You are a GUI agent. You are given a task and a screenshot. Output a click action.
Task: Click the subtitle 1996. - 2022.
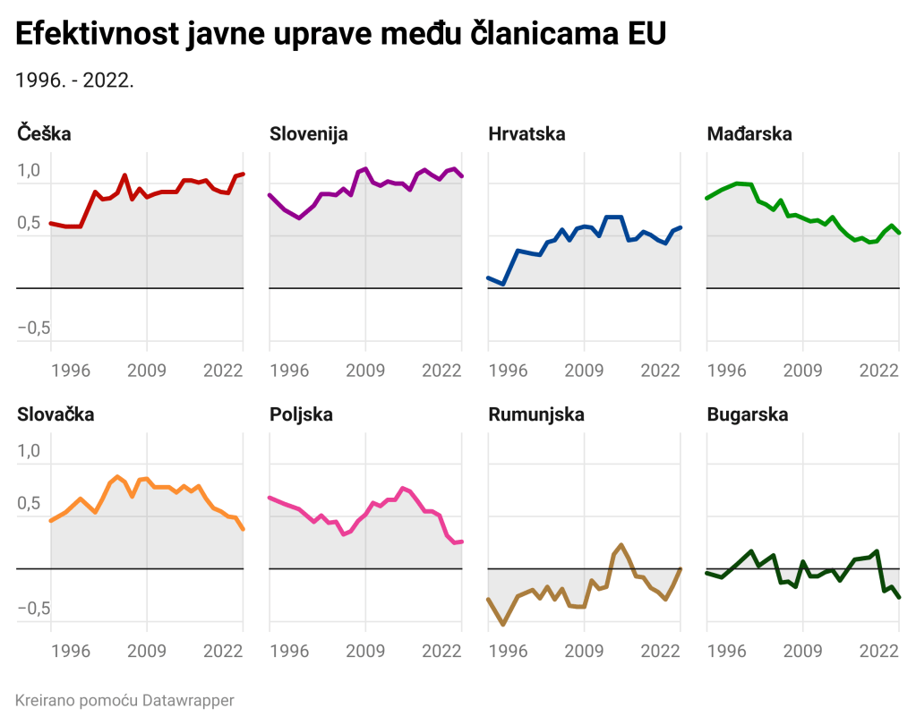click(x=75, y=80)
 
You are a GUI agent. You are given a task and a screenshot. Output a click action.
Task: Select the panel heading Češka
click(x=44, y=134)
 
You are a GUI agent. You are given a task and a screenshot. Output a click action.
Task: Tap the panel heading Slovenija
click(x=309, y=134)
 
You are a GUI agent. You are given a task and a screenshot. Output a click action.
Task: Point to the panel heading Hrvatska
click(x=527, y=134)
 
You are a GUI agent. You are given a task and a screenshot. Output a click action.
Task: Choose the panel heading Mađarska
click(x=749, y=134)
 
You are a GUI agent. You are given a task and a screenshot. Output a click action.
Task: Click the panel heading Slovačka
click(x=56, y=414)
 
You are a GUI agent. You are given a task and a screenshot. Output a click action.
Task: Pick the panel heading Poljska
click(x=301, y=414)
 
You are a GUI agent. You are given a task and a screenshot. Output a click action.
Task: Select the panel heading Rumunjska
click(x=536, y=414)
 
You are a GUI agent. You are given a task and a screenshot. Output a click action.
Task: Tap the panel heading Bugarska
click(x=748, y=414)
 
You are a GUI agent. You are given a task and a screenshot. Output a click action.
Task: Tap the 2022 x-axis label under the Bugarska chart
click(x=879, y=651)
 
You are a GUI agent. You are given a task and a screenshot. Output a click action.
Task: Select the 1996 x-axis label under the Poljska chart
click(x=289, y=651)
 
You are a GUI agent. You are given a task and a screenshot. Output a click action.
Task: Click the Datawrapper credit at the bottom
click(x=124, y=700)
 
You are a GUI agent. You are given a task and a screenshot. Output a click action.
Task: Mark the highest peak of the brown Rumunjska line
click(x=621, y=544)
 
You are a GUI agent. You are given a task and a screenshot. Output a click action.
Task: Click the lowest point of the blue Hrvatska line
click(x=503, y=285)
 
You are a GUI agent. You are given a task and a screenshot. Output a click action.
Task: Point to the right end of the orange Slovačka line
click(x=244, y=530)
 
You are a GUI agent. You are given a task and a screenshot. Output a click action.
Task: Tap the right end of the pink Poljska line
click(x=462, y=542)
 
